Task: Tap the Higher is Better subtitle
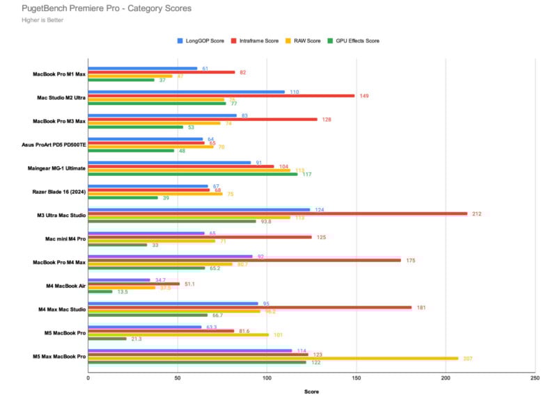(38, 20)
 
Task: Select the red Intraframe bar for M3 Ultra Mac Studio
(278, 213)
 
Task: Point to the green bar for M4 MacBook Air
(100, 291)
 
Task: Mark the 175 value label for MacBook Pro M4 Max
(411, 260)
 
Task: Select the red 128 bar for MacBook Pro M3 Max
(203, 120)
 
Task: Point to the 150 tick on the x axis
(356, 378)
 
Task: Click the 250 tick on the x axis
(534, 378)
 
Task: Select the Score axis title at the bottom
(311, 391)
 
